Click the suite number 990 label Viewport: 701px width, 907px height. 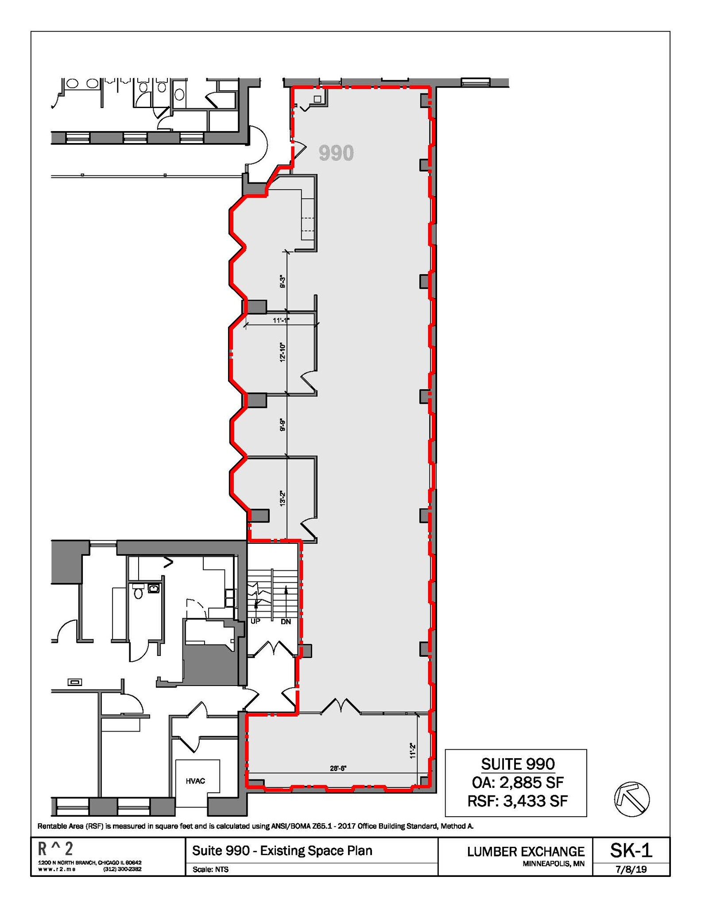pos(336,153)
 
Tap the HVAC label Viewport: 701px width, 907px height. pos(195,781)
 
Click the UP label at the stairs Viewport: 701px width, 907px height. pos(255,621)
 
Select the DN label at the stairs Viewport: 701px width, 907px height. pos(286,622)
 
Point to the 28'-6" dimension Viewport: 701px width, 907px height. pos(338,769)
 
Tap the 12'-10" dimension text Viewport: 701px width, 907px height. pos(283,353)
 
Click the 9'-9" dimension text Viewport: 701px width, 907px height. pos(283,425)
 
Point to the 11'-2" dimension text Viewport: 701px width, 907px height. pos(412,751)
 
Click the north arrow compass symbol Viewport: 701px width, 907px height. pos(631,799)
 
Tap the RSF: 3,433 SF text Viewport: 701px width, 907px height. pos(517,801)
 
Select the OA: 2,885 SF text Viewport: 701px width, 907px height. pos(517,782)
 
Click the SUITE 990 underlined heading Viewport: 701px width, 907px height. pos(517,764)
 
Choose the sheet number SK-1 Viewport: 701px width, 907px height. pos(631,850)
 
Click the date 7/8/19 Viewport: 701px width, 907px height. pos(631,869)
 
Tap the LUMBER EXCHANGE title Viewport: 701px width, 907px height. pos(526,852)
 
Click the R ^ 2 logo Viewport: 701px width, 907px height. pos(55,849)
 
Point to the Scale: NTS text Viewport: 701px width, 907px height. pos(210,869)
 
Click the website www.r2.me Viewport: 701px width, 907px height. pos(57,869)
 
